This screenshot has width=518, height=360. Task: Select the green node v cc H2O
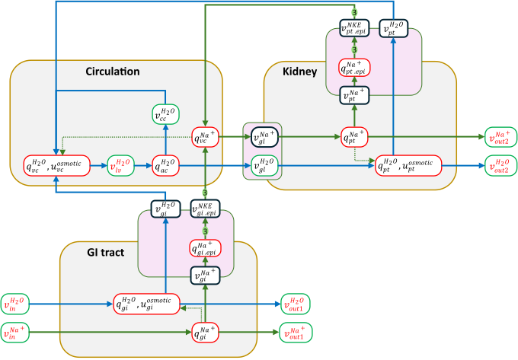coord(166,116)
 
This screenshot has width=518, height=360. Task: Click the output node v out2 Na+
coord(500,137)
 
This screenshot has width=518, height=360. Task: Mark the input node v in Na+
coord(14,332)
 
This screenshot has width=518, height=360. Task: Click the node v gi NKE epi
coord(205,207)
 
